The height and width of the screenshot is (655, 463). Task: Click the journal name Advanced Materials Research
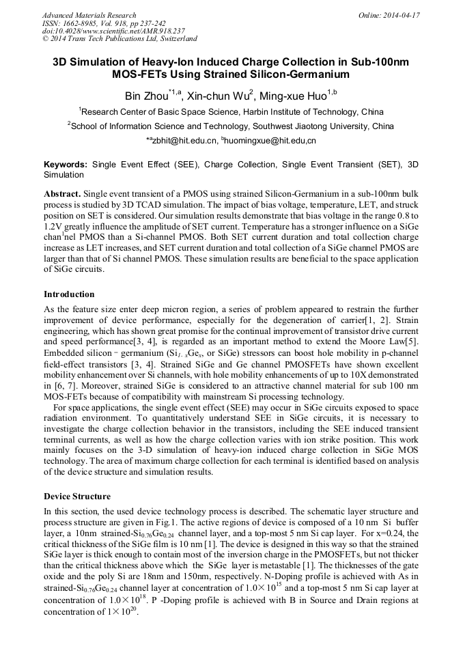[x=89, y=15]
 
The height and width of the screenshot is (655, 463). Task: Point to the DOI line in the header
[x=113, y=31]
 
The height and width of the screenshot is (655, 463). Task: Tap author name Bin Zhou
[x=152, y=96]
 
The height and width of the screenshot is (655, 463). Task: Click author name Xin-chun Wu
[x=219, y=96]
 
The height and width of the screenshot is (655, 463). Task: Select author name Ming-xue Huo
[x=292, y=96]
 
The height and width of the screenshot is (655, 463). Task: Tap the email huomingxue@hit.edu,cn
[x=270, y=140]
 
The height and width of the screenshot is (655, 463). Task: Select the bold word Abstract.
[x=63, y=194]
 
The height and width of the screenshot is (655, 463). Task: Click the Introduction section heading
[x=69, y=294]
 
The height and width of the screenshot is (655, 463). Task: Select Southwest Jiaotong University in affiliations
[x=311, y=126]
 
